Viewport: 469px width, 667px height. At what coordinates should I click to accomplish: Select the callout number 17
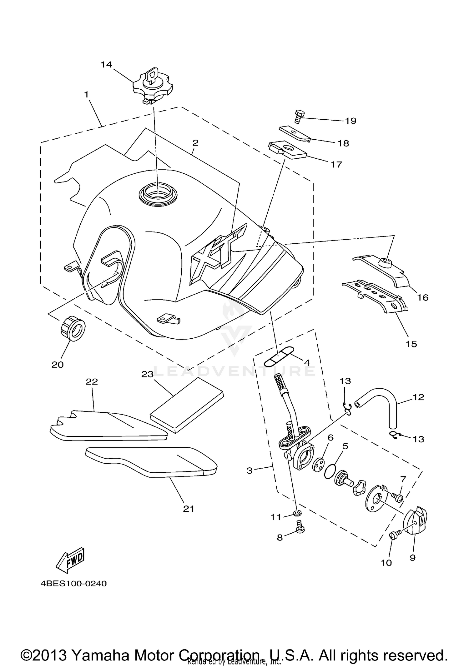point(336,164)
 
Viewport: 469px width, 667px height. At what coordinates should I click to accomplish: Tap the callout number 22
point(92,381)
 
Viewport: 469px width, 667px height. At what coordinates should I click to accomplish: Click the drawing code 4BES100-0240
point(73,584)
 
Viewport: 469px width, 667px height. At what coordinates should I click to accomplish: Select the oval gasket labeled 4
point(279,356)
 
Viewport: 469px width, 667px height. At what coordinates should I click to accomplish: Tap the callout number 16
point(423,297)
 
